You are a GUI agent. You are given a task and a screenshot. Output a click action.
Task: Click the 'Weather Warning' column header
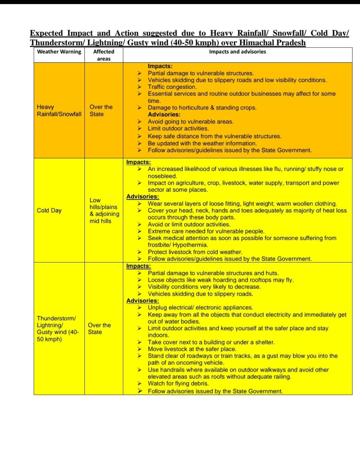(59, 52)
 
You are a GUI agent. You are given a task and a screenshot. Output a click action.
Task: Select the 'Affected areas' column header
(104, 55)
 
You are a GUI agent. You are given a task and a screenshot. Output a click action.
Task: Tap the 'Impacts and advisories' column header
(237, 52)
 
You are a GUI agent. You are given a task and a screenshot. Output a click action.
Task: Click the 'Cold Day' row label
(49, 211)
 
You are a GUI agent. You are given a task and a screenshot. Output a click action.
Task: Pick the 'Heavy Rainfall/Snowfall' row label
(59, 111)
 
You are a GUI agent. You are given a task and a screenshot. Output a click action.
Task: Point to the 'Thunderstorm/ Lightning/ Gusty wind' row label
(58, 329)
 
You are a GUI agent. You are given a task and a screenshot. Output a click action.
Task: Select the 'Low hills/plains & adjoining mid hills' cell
(104, 211)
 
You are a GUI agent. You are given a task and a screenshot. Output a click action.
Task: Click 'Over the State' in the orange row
(101, 111)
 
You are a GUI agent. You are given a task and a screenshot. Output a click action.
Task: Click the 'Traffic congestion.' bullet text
(172, 87)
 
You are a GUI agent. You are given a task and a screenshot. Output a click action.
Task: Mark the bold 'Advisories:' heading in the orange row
(164, 115)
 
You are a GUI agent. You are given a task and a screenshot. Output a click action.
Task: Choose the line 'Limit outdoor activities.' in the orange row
(178, 129)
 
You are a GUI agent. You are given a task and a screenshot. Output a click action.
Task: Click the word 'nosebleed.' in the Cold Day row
(162, 176)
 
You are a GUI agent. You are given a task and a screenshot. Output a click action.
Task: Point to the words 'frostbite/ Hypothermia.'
(178, 245)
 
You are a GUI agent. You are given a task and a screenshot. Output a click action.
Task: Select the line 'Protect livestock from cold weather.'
(195, 252)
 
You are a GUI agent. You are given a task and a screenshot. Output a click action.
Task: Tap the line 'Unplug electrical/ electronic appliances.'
(200, 308)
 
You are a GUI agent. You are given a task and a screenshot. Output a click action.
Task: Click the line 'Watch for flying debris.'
(178, 383)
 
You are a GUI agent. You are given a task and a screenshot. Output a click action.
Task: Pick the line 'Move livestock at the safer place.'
(192, 349)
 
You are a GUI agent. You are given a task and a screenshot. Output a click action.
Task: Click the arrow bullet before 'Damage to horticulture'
(139, 108)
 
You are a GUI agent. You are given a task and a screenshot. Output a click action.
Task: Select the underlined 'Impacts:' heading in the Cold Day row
(138, 162)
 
